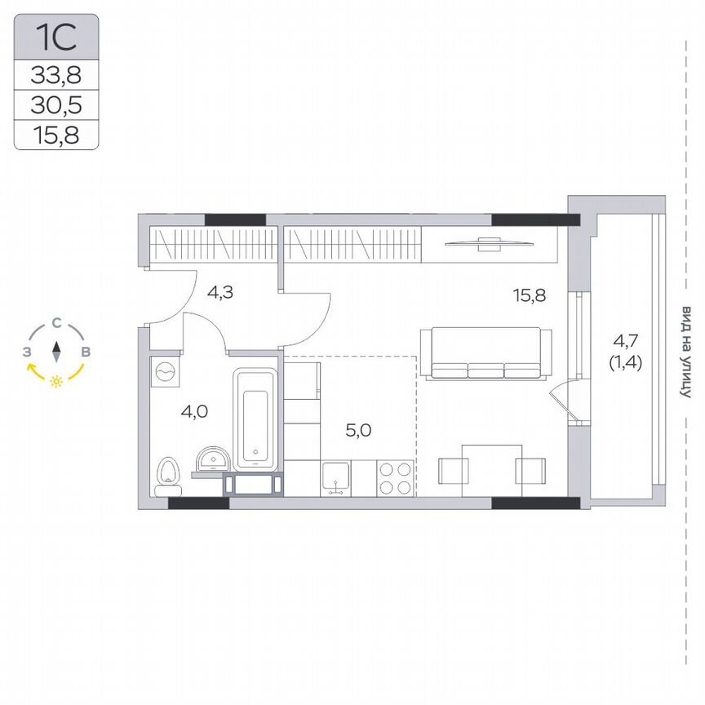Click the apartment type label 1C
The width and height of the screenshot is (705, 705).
56,38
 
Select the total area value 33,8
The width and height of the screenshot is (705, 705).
56,76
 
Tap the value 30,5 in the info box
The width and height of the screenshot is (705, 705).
56,105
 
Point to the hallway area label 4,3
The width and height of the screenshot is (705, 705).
219,292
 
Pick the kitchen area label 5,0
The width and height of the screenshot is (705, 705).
359,430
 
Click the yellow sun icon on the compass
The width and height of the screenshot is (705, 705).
56,381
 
